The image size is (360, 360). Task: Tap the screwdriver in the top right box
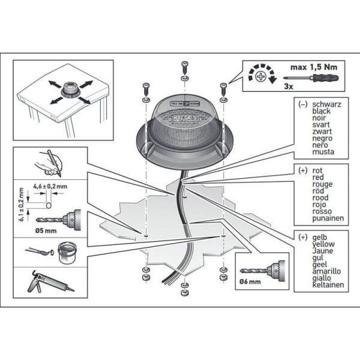click(318, 79)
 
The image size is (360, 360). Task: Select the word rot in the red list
click(317, 170)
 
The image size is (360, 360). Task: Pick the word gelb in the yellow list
click(320, 238)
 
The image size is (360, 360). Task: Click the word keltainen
click(327, 284)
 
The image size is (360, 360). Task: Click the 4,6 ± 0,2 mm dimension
click(50, 187)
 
